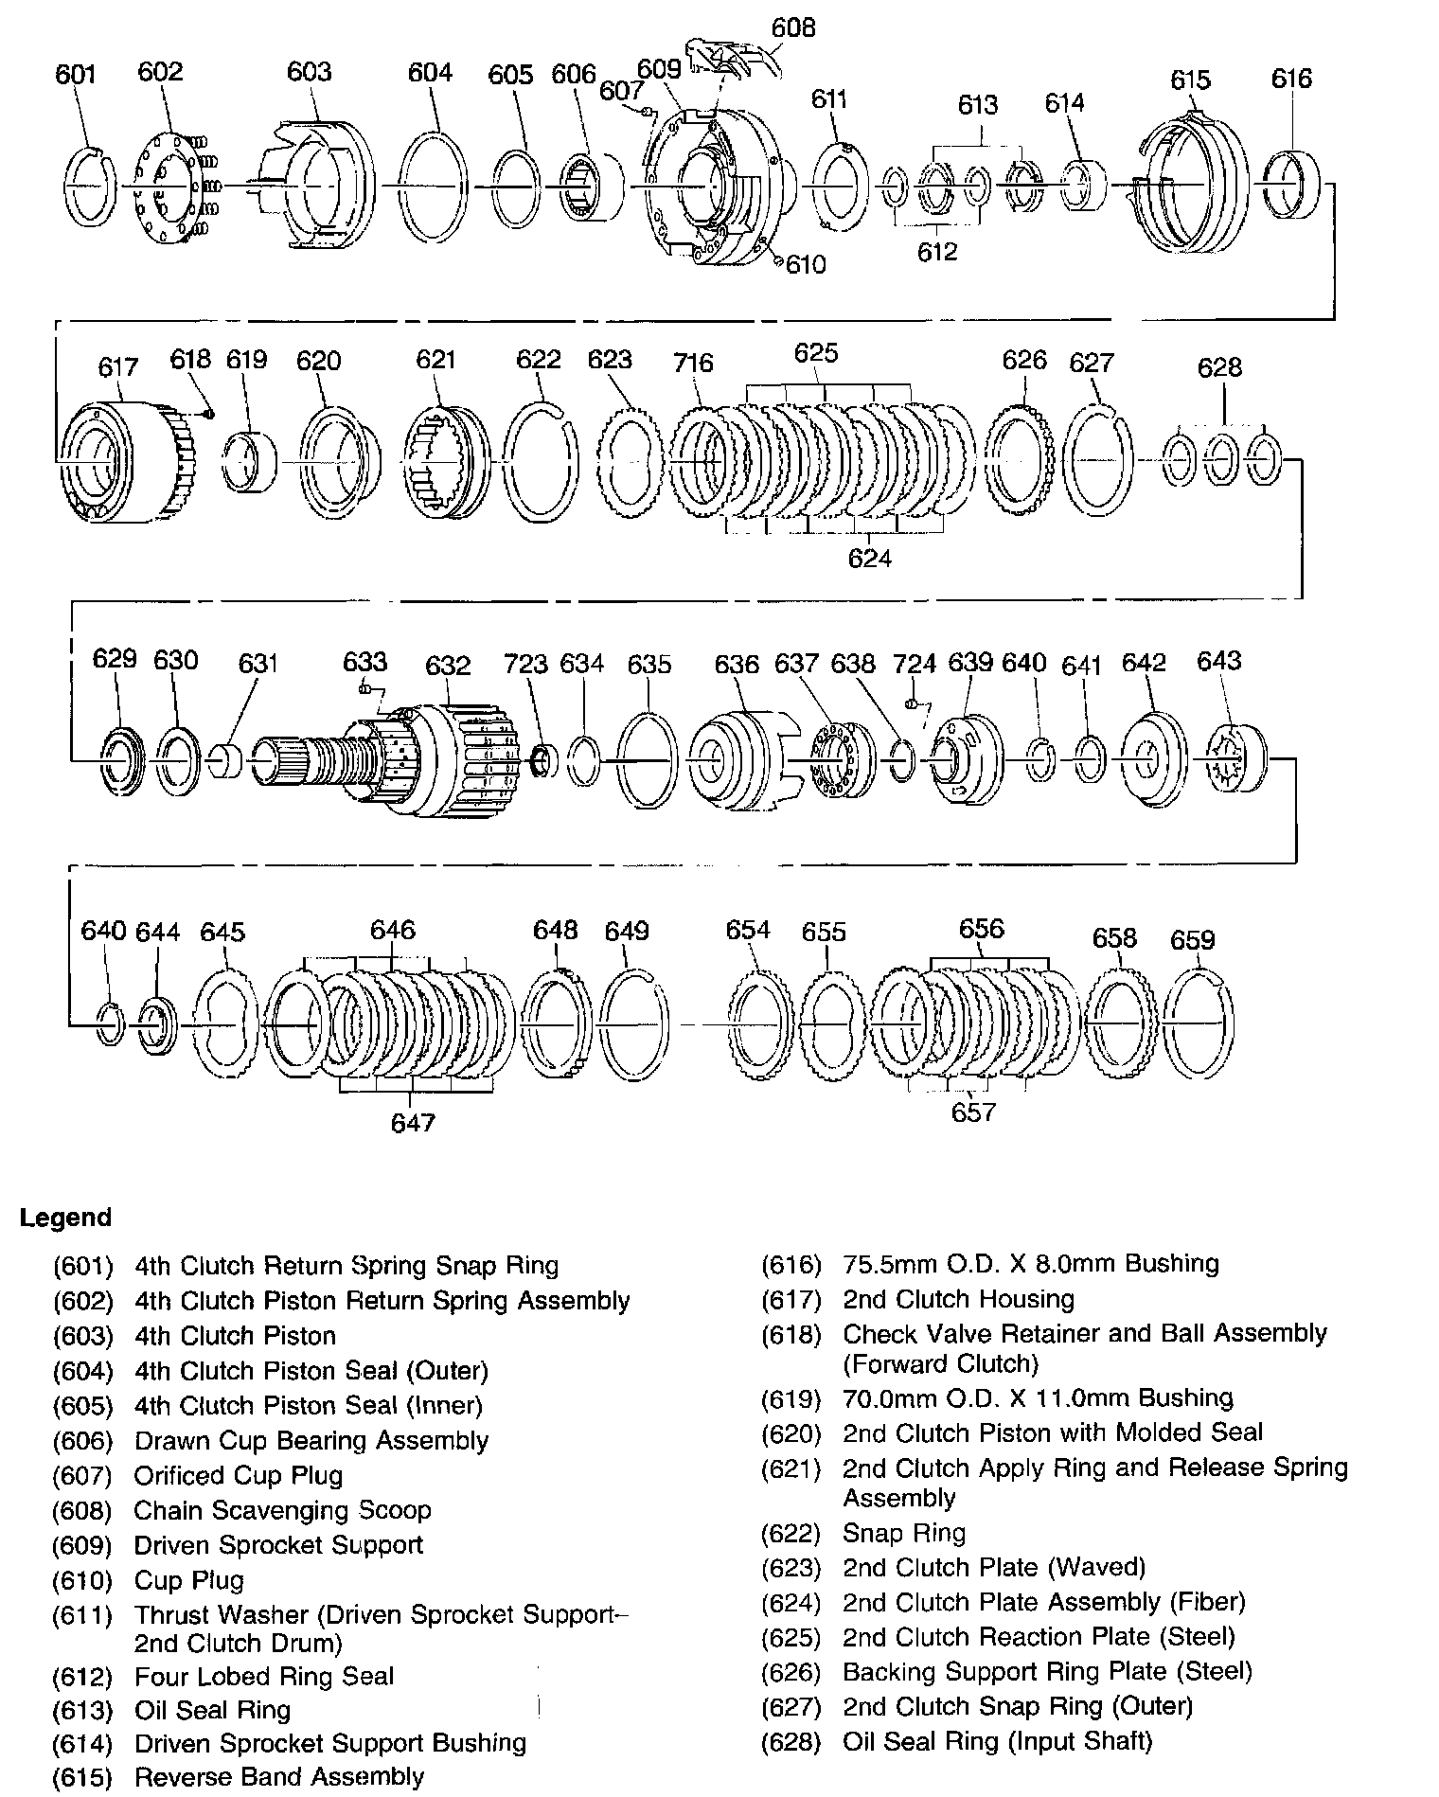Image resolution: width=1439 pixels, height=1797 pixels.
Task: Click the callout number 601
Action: pyautogui.click(x=76, y=74)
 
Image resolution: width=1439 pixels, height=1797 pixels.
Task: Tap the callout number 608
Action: pyautogui.click(x=792, y=28)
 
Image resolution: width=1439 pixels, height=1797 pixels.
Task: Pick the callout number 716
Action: pyautogui.click(x=693, y=363)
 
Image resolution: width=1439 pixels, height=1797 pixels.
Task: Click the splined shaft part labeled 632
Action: pyautogui.click(x=398, y=757)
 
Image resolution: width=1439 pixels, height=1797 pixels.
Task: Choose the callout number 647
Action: pyautogui.click(x=413, y=1122)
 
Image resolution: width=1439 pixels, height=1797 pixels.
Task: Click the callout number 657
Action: pyautogui.click(x=974, y=1112)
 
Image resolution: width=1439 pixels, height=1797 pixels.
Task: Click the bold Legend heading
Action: pyautogui.click(x=65, y=1218)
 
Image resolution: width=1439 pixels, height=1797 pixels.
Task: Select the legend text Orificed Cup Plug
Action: pyautogui.click(x=239, y=1475)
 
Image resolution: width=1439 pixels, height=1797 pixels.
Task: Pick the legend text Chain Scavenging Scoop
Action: pyautogui.click(x=282, y=1510)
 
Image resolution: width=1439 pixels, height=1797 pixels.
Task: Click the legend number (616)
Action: pyautogui.click(x=791, y=1264)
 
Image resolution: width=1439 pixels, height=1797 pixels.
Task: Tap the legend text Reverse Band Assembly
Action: pyautogui.click(x=278, y=1776)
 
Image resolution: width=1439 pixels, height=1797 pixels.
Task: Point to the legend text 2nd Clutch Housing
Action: pyautogui.click(x=958, y=1299)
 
